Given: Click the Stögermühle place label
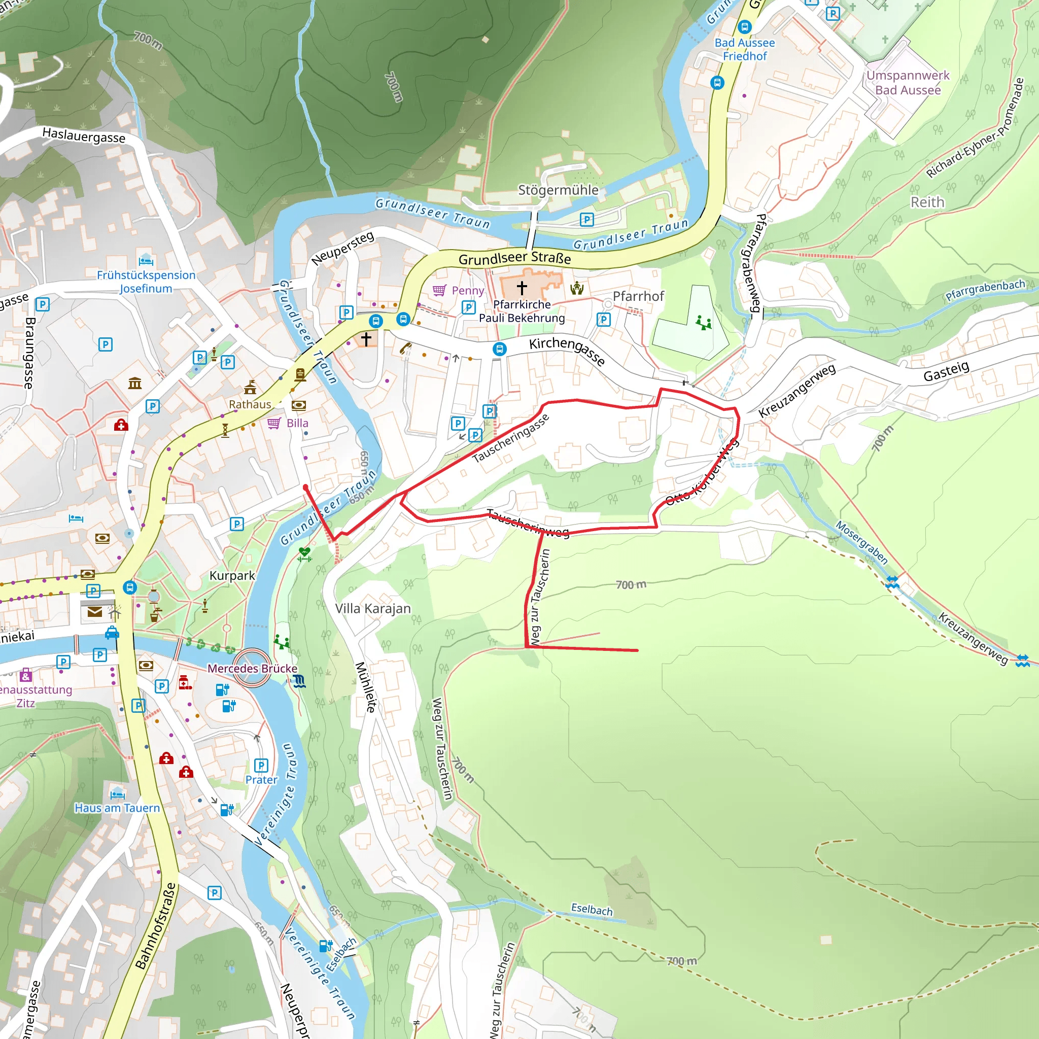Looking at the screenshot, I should (558, 190).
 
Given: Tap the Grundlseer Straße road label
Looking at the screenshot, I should (514, 258).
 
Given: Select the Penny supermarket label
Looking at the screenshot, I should (467, 290).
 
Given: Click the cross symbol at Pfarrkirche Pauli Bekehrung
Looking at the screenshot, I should (522, 288).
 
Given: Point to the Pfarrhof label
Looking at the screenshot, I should (638, 296).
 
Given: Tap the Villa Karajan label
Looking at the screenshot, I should (373, 608).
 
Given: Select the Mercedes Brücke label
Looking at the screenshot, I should (252, 668).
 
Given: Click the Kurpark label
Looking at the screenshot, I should (232, 575).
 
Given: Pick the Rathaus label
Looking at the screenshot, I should (250, 404).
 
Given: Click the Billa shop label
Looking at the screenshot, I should (297, 423).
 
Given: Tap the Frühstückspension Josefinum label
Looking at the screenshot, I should (146, 281).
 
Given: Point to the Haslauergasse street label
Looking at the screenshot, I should (83, 135).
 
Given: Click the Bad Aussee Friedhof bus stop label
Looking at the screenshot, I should (744, 49).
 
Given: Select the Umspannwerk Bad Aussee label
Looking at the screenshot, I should (907, 82).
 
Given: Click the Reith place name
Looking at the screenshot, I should (927, 202).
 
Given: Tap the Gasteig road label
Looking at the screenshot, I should (946, 370).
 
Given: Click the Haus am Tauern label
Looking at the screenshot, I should (117, 807).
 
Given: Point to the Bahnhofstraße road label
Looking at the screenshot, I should (155, 925).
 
